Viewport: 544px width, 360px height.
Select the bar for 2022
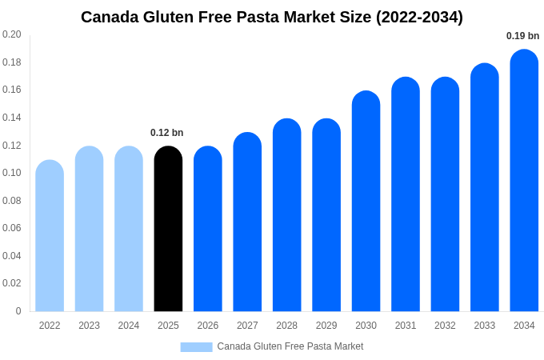[x=50, y=238]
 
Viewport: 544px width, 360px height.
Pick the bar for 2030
[x=366, y=204]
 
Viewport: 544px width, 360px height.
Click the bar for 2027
[x=247, y=224]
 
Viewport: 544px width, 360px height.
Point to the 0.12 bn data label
[x=166, y=133]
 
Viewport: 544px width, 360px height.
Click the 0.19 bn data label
[x=522, y=36]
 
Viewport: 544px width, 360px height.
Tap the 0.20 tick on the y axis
[x=12, y=34]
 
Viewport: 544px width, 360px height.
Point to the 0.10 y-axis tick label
[x=12, y=173]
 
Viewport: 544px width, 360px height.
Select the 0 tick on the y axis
[x=18, y=311]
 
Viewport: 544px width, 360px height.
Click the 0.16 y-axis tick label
[x=12, y=90]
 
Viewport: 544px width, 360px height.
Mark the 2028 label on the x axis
[x=286, y=326]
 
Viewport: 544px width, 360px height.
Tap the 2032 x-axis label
[x=445, y=326]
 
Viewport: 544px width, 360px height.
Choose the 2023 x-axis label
[x=89, y=326]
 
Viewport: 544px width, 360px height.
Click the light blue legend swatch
[x=196, y=347]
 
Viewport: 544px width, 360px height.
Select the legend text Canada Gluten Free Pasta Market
[x=290, y=346]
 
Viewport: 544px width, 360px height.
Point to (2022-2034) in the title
[x=419, y=17]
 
